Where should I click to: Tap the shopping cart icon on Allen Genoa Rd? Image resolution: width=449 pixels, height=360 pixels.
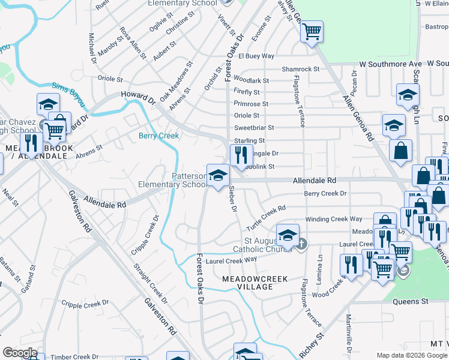312,31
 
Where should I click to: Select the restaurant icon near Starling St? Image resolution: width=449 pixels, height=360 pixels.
241,155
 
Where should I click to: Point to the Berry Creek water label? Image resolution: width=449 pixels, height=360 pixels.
159,136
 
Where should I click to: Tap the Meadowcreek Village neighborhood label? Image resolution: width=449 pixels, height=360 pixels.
255,283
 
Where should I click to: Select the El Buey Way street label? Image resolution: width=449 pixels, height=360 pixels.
256,56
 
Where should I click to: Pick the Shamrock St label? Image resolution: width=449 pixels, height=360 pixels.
301,69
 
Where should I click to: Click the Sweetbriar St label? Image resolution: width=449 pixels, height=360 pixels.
254,128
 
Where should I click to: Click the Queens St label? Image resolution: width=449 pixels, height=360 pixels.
410,301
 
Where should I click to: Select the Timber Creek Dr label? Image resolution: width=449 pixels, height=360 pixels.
73,356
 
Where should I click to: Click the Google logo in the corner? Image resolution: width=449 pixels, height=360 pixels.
20,353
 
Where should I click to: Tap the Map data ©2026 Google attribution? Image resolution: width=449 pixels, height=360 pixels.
411,355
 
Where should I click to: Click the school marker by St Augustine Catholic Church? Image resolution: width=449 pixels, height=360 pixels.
288,235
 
